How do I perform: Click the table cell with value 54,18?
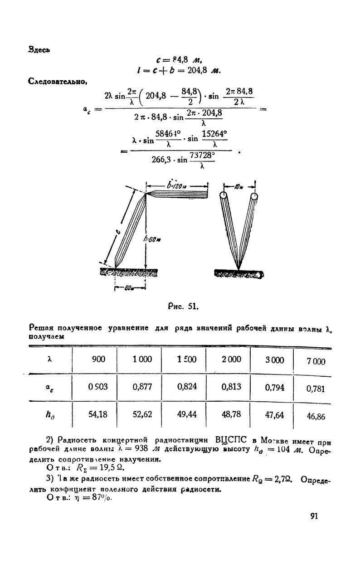pos(98,413)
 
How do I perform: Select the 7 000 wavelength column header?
pos(316,361)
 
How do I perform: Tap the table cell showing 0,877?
pos(142,387)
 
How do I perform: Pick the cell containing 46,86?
pos(316,416)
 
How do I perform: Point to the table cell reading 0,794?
pos(275,388)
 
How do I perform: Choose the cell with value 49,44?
pos(186,414)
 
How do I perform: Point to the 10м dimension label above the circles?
pos(239,185)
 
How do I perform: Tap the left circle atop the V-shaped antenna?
pos(224,196)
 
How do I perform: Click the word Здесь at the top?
pos(39,49)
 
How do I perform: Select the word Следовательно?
pos(58,81)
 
